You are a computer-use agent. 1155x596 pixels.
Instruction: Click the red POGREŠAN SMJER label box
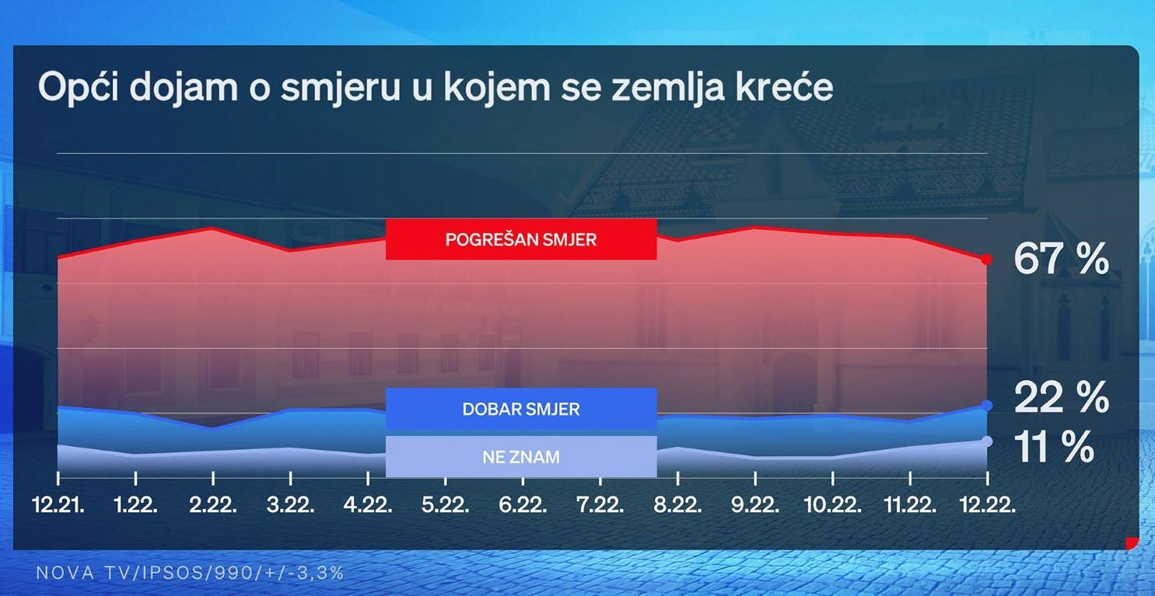521,239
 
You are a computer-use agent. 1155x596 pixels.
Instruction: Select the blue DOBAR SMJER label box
521,409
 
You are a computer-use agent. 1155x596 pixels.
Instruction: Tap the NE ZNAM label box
521,456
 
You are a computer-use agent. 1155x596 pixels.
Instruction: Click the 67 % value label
1061,259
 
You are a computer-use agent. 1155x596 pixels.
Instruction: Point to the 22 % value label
1061,397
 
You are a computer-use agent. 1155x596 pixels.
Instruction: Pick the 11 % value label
1054,447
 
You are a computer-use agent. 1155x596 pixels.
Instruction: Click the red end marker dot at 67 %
986,259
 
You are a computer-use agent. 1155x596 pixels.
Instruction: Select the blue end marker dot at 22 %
987,406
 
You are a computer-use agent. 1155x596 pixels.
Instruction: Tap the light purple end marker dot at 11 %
987,441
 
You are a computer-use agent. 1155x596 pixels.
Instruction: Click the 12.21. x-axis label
58,505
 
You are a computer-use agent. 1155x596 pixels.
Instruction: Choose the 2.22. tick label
213,505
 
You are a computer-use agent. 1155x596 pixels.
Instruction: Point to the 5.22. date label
446,505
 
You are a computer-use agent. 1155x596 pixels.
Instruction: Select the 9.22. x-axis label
755,505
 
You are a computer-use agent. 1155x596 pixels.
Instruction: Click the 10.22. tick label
833,505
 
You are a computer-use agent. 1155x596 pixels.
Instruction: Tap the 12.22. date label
988,505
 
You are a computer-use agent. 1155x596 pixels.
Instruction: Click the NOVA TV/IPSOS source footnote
190,573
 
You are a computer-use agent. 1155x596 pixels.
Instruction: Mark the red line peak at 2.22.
212,228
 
